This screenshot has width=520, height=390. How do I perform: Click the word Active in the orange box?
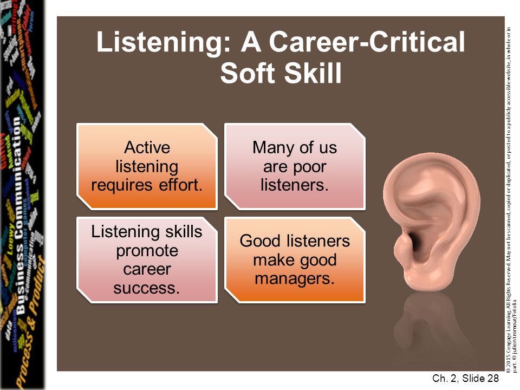pos(147,147)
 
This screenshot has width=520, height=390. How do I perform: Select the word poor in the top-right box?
pos(309,166)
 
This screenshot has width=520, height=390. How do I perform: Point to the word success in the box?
pos(147,288)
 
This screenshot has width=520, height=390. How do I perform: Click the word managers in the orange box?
pos(295,278)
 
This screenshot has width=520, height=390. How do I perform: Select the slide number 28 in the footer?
pos(492,379)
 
